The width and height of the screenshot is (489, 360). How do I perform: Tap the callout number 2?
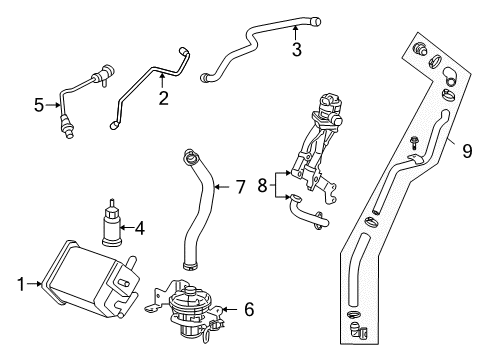coord(162,98)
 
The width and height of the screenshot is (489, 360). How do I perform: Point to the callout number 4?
coord(139,229)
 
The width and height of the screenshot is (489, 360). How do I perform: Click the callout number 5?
coord(39,103)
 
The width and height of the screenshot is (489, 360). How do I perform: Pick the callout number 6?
coord(248,311)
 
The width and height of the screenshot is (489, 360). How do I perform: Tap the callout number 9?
coord(465,152)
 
